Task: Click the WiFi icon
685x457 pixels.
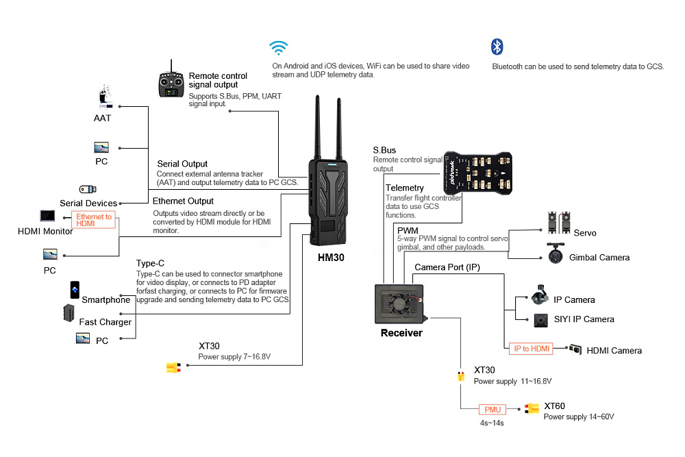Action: [x=278, y=48]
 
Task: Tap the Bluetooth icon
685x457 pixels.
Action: [x=497, y=47]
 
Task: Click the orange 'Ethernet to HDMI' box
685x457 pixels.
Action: [x=93, y=220]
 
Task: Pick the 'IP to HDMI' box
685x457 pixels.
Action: [x=532, y=349]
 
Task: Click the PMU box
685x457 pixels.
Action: [x=493, y=409]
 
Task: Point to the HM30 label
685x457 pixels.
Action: [x=331, y=258]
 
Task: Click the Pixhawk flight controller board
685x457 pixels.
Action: [x=477, y=173]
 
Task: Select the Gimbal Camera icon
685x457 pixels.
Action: [x=556, y=254]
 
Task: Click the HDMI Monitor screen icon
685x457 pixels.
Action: [x=48, y=216]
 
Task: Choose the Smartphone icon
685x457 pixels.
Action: [x=75, y=290]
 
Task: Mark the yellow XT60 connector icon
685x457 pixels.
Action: [x=532, y=408]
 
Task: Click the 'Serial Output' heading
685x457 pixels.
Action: [x=182, y=164]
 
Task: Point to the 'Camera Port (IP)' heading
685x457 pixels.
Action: [x=447, y=267]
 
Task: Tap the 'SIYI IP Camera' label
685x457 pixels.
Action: [x=584, y=319]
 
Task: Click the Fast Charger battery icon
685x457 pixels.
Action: [x=68, y=313]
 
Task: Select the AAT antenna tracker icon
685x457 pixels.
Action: [x=105, y=97]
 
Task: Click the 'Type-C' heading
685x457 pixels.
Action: [x=150, y=264]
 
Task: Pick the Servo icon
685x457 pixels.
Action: [x=559, y=223]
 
